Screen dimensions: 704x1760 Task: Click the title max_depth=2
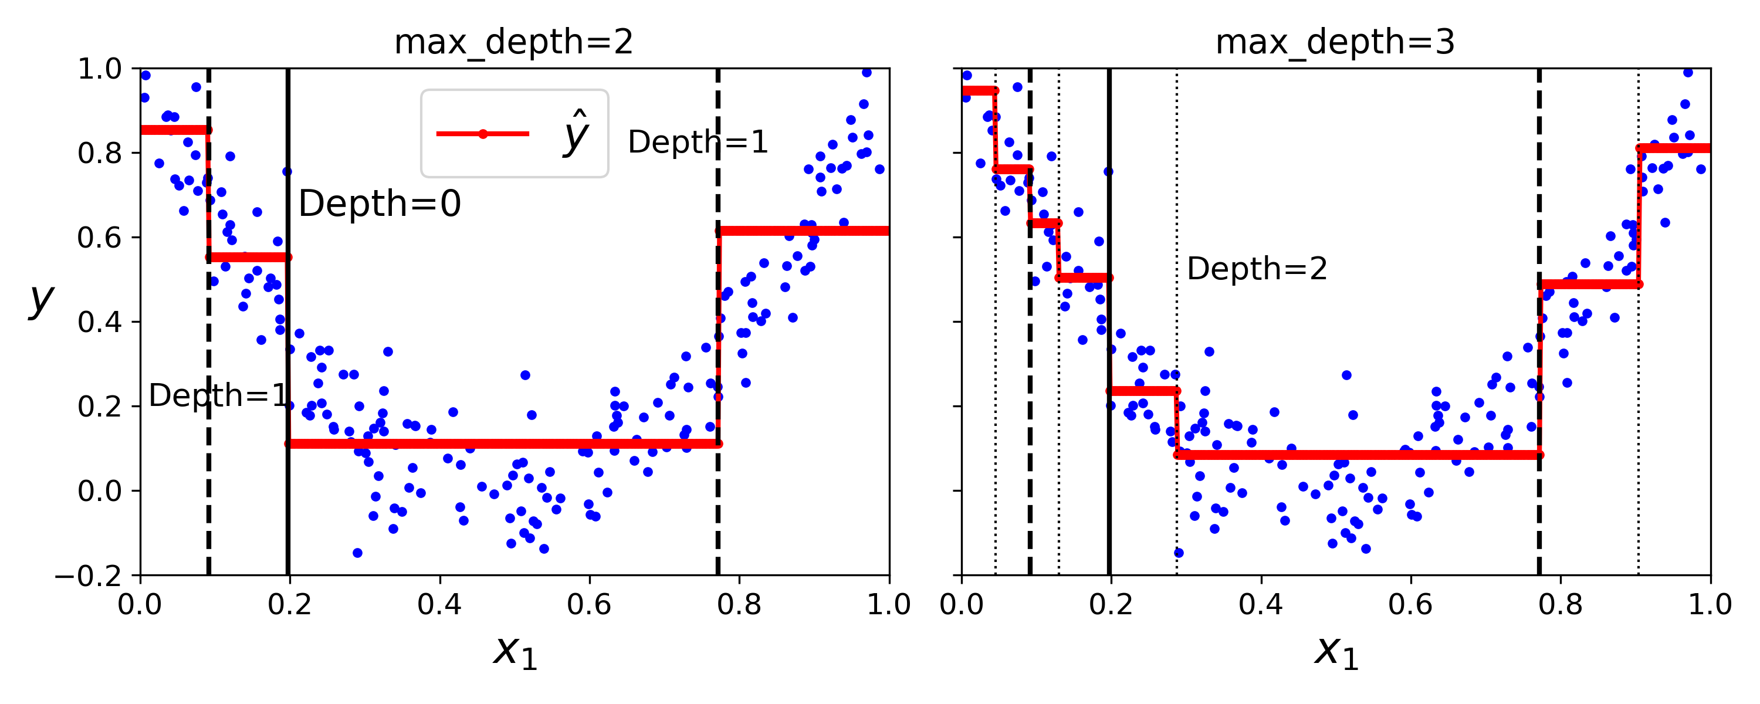coord(514,42)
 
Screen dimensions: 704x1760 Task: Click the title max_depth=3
coord(1335,42)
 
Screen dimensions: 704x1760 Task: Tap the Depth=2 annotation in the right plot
coord(1257,269)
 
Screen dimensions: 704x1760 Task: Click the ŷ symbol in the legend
coord(576,133)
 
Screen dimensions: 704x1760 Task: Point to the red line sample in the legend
coord(482,134)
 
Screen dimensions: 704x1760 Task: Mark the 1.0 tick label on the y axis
coord(100,69)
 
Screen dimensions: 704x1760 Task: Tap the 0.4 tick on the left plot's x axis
coord(439,605)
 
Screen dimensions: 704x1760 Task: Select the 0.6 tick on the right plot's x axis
coord(1410,605)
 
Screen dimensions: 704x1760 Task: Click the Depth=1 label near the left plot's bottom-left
coord(219,396)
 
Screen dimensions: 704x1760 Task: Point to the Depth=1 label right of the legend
coord(698,142)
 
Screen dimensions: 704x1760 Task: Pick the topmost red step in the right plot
coord(979,91)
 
